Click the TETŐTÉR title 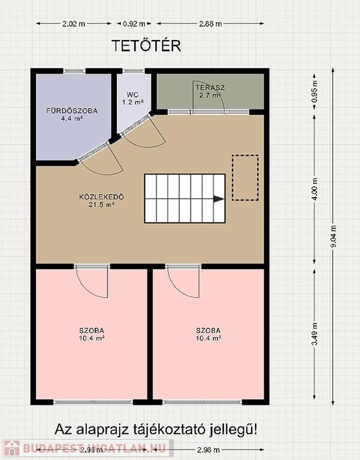click(146, 46)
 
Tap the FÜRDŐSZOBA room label click(72, 111)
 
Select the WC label click(132, 95)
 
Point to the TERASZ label click(210, 87)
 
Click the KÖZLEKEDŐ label click(101, 196)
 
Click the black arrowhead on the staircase click(219, 199)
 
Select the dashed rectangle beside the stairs click(245, 178)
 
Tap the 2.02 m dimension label click(74, 24)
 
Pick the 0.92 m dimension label click(134, 24)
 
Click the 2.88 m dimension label click(210, 24)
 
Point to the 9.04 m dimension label click(334, 237)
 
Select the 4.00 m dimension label click(315, 189)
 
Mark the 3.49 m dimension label click(315, 334)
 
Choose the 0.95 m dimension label click(315, 91)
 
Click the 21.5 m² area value click(101, 205)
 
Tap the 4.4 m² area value click(72, 119)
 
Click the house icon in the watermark click(12, 448)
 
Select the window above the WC click(134, 71)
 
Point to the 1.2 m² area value click(132, 102)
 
